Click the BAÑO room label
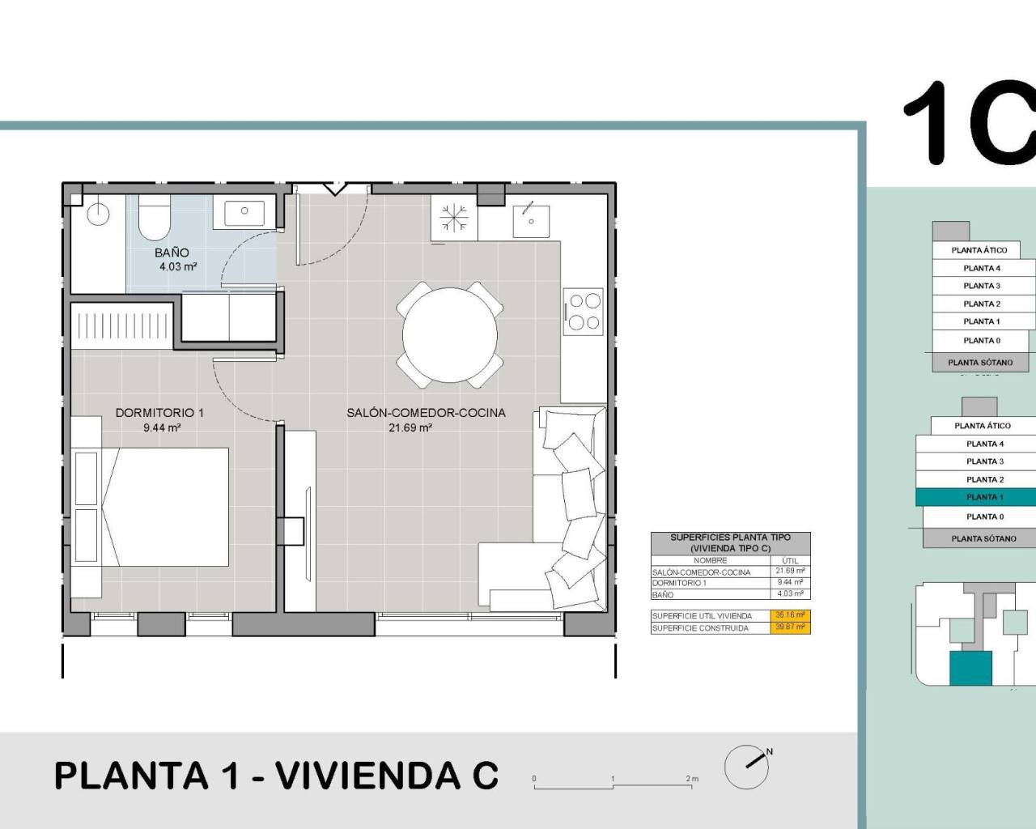[x=172, y=253]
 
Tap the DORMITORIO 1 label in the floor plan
[x=159, y=412]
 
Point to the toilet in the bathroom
[x=152, y=219]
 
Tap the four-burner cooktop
[x=584, y=311]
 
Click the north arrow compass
[x=747, y=766]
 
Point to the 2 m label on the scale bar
[x=692, y=779]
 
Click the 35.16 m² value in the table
[x=790, y=615]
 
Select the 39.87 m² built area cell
[x=790, y=627]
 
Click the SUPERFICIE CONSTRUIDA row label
[x=701, y=627]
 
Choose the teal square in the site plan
[x=970, y=668]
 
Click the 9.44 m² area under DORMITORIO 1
[x=162, y=427]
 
